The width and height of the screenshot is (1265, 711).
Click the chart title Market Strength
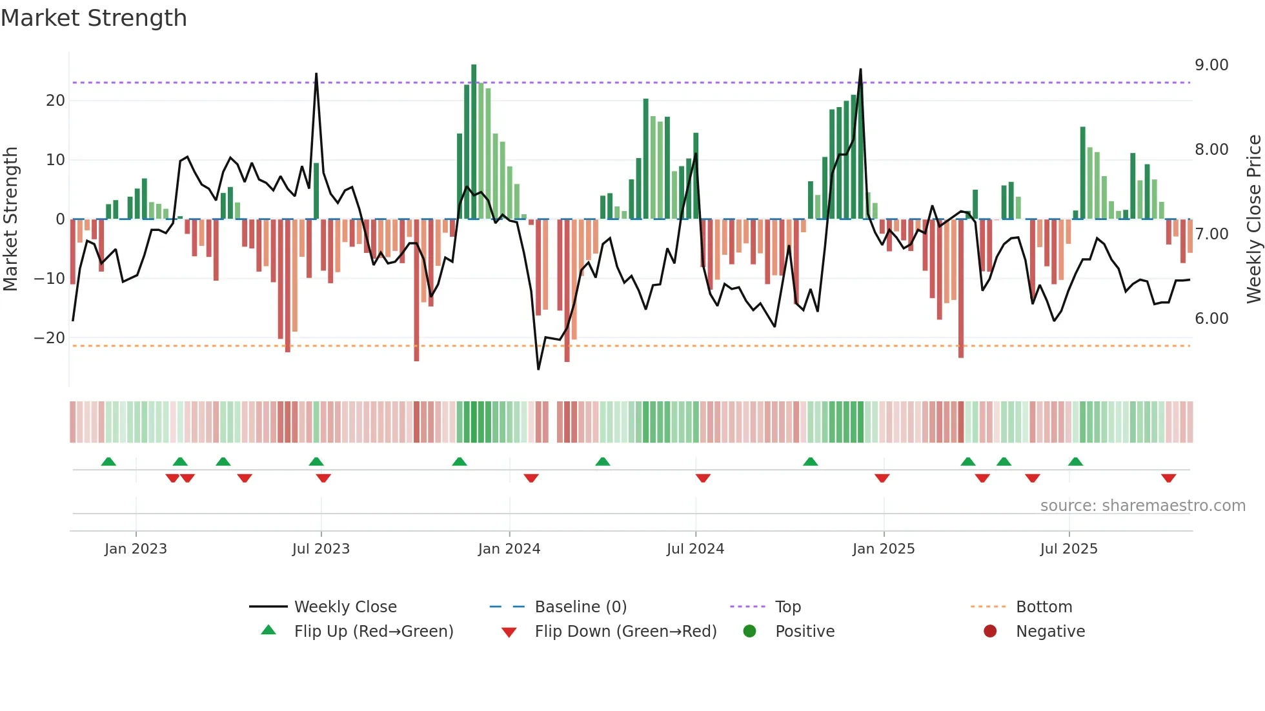pyautogui.click(x=94, y=18)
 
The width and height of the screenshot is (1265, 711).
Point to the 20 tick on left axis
pyautogui.click(x=56, y=101)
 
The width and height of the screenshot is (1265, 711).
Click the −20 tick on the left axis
pyautogui.click(x=50, y=338)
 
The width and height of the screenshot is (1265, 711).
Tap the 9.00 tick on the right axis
pyautogui.click(x=1211, y=65)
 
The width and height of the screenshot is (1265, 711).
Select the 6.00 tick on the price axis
pyautogui.click(x=1211, y=319)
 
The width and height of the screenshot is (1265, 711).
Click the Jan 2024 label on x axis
pyautogui.click(x=509, y=549)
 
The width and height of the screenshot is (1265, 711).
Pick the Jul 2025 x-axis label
pyautogui.click(x=1069, y=549)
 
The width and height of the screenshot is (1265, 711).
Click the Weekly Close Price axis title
pyautogui.click(x=1253, y=219)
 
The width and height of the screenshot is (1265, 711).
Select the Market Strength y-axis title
pyautogui.click(x=10, y=219)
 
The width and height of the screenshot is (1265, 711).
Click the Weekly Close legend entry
pyautogui.click(x=345, y=607)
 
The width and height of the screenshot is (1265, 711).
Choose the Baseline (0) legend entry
pyautogui.click(x=581, y=607)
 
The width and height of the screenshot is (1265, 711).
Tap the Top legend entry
pyautogui.click(x=788, y=607)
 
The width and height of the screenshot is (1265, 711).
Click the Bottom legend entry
pyautogui.click(x=1044, y=607)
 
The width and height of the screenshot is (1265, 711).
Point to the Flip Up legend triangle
pyautogui.click(x=268, y=630)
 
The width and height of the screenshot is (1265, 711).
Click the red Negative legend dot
pyautogui.click(x=990, y=631)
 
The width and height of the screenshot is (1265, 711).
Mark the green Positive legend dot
pyautogui.click(x=749, y=631)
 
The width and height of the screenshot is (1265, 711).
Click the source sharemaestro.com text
pyautogui.click(x=1142, y=506)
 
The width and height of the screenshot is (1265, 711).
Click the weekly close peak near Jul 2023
pyautogui.click(x=316, y=74)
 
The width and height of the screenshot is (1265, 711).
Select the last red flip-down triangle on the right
pyautogui.click(x=1168, y=478)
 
